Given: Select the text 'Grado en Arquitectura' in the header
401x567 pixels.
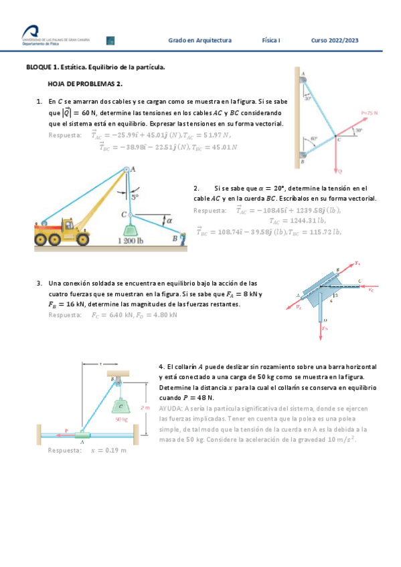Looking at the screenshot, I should (199, 41).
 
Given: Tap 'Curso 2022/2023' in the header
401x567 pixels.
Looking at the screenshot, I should (334, 41).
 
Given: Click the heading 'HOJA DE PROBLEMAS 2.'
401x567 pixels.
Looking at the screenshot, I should (84, 84).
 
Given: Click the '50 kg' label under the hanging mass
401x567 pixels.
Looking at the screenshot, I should (121, 420).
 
